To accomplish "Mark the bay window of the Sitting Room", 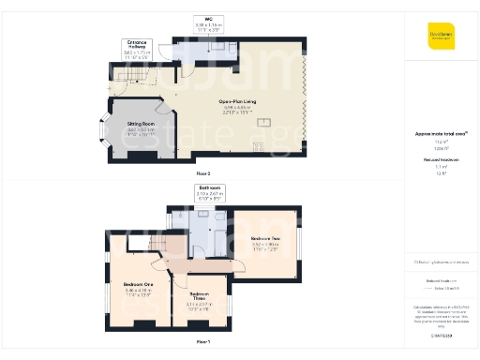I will [x=106, y=133].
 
